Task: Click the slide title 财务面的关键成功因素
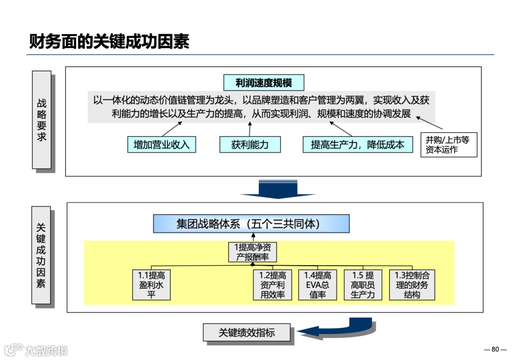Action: (109, 41)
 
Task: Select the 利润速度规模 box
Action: (264, 83)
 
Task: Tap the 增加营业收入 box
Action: (162, 144)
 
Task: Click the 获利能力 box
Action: (249, 144)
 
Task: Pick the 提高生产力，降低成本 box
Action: (358, 144)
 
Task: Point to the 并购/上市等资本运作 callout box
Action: (448, 145)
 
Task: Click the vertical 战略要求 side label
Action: (42, 120)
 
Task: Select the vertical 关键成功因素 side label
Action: (41, 255)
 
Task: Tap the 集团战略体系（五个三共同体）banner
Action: (251, 224)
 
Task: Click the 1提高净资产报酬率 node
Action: (252, 252)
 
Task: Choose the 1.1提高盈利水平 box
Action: (152, 284)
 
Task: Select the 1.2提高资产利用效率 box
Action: (273, 284)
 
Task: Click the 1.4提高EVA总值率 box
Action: (318, 284)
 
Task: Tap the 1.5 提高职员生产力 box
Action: (363, 284)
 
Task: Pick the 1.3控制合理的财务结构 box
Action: (412, 284)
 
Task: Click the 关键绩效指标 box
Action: (247, 333)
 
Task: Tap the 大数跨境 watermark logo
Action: (36, 349)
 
